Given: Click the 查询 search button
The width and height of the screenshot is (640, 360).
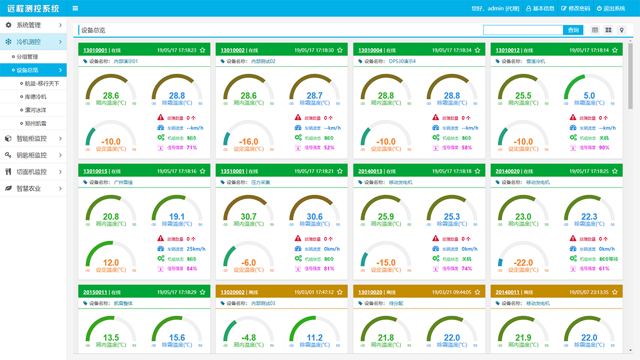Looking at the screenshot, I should [573, 30].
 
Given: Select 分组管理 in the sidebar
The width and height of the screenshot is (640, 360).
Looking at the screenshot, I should [27, 57].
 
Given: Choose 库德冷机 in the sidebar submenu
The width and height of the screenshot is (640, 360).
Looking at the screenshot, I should [36, 97].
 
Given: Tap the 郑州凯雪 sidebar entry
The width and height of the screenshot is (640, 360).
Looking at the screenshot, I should [36, 124].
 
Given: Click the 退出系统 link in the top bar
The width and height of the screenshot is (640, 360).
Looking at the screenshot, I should [610, 9].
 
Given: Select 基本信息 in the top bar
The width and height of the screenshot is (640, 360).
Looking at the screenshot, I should [540, 9].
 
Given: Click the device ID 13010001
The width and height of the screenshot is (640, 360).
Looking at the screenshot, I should [95, 50].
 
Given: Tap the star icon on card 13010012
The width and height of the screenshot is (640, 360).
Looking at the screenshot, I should [615, 50].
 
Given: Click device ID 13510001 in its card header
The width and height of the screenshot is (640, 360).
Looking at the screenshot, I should [232, 171].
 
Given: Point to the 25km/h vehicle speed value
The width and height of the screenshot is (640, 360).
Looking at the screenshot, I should [196, 249].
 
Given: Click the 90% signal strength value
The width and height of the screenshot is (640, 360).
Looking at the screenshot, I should [604, 148].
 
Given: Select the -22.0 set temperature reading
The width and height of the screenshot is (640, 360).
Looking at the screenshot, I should [523, 263].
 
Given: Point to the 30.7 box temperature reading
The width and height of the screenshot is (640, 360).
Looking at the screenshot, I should [248, 217].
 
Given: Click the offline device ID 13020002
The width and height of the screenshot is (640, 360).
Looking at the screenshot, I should [232, 292].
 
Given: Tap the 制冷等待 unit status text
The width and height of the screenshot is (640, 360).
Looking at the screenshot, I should [608, 259].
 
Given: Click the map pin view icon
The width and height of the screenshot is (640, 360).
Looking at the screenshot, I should [621, 30].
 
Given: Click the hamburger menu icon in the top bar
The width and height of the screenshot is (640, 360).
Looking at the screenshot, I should [75, 9].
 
